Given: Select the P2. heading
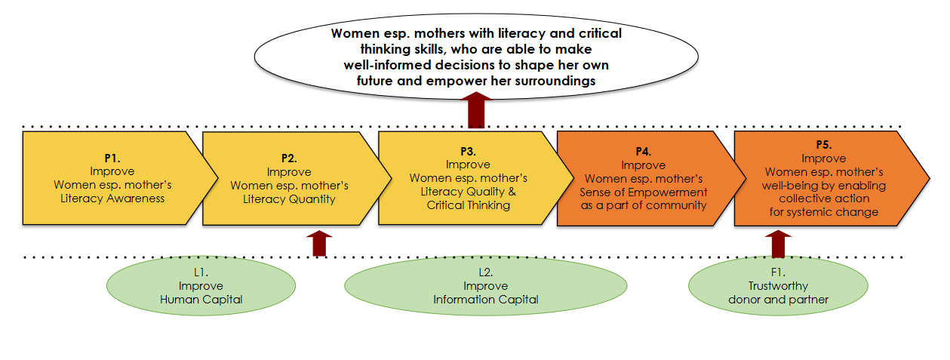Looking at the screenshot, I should tap(289, 158).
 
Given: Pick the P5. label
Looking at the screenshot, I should tap(823, 146).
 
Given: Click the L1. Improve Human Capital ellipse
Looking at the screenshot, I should tap(201, 286).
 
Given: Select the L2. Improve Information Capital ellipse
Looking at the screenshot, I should tap(485, 286).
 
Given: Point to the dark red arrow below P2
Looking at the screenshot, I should tap(321, 243).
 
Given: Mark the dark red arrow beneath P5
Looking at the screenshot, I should tap(779, 243).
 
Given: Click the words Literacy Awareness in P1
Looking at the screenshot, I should tap(112, 198).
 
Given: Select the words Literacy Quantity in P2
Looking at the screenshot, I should tap(289, 199).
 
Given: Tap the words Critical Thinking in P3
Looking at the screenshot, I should tap(468, 205).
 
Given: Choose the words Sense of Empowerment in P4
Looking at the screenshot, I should tap(646, 192).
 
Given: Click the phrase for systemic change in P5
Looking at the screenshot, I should tap(823, 212).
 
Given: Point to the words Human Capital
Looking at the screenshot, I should tap(201, 300).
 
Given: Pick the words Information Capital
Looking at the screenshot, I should tap(485, 300).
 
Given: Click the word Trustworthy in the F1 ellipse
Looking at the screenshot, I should tap(777, 286).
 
